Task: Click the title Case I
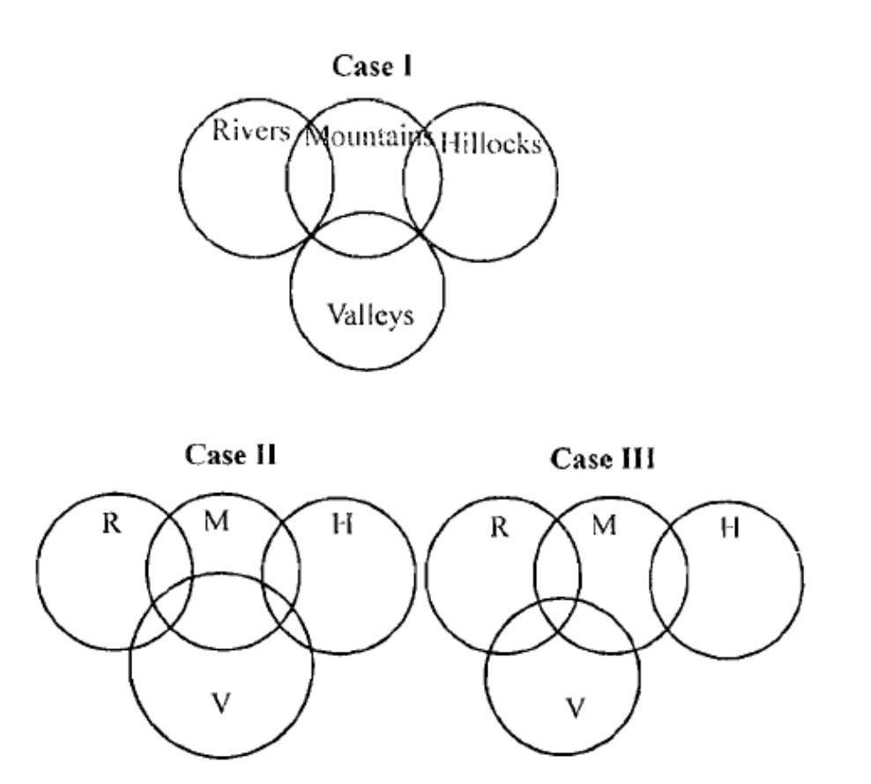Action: [x=373, y=66]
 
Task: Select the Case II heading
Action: [x=231, y=455]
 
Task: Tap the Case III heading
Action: [x=603, y=459]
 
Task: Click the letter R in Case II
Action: [x=111, y=523]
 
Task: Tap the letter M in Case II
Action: [x=216, y=521]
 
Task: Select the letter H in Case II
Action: [x=343, y=524]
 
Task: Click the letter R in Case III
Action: [x=499, y=526]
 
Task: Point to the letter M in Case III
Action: [x=603, y=526]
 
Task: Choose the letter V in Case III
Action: [x=575, y=707]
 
